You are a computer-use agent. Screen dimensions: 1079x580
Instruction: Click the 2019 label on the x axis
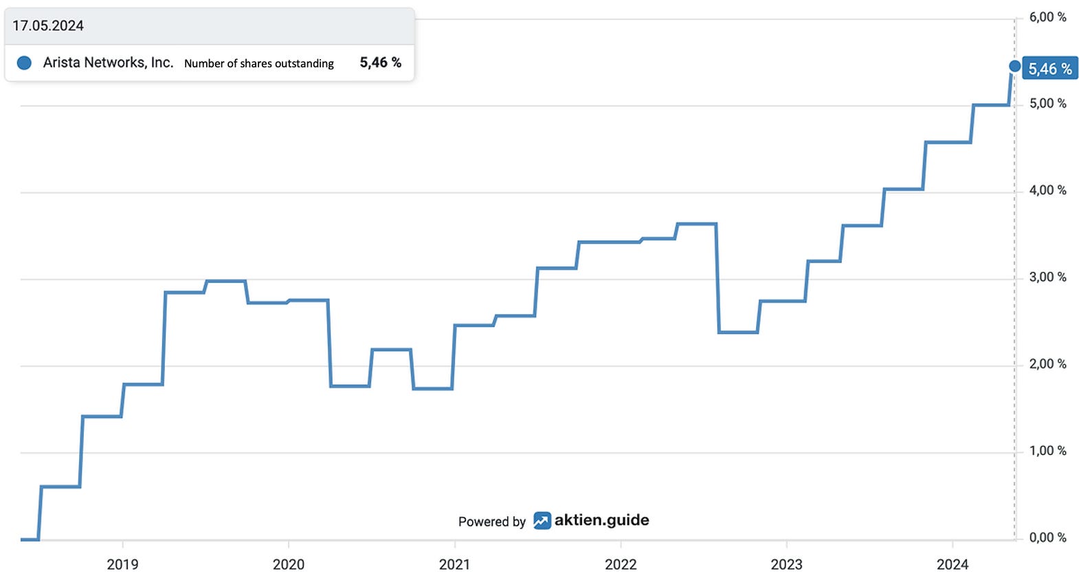(122, 564)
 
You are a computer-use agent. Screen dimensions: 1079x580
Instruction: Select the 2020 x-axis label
(289, 564)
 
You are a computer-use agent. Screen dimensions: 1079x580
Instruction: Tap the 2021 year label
(455, 564)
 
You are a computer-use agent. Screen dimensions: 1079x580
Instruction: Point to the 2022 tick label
(621, 564)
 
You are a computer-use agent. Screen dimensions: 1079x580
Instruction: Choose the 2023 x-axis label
(787, 564)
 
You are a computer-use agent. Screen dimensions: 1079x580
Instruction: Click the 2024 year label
(953, 564)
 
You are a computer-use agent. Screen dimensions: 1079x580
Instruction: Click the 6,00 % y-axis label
(1047, 17)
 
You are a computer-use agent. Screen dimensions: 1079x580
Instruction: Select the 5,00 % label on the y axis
(1047, 104)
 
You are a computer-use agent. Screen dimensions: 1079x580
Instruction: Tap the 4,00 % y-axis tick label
(1047, 190)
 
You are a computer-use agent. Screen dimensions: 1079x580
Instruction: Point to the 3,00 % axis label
(1047, 277)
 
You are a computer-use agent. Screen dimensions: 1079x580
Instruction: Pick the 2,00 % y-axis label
(1047, 364)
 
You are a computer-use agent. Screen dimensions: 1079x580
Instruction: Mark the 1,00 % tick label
(1047, 450)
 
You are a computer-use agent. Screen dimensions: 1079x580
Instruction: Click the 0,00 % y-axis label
(1047, 537)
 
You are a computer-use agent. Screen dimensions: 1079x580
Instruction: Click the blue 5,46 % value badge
(1050, 69)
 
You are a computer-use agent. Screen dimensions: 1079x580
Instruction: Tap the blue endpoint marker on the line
(1014, 66)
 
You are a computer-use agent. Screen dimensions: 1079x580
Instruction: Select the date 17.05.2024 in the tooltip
(48, 25)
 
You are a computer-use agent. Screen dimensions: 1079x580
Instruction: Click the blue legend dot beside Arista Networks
(24, 63)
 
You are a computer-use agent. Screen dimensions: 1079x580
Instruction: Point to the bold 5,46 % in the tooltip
(381, 62)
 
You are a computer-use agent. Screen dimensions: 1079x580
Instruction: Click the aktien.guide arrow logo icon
(542, 521)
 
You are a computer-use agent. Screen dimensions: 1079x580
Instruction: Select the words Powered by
(492, 522)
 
